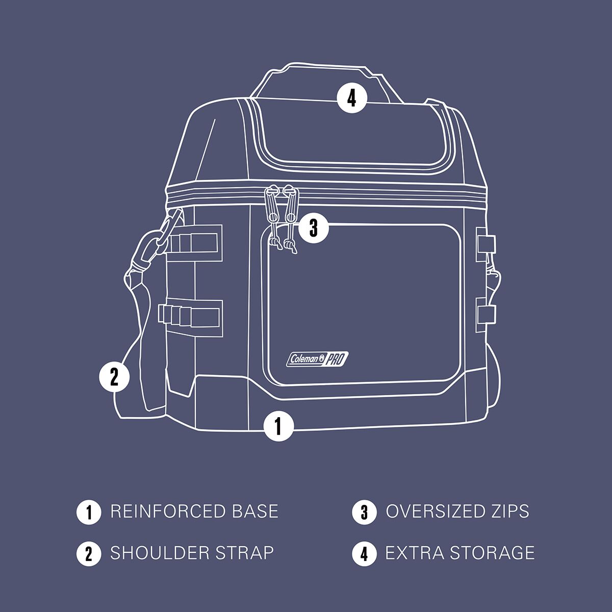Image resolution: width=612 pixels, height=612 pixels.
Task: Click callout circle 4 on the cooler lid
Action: click(x=351, y=98)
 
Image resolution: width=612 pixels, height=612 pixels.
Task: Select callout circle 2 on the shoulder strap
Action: click(x=114, y=377)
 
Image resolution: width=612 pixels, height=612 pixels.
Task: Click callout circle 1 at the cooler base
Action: click(x=278, y=426)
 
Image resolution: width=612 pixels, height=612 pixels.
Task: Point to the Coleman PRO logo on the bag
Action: click(x=317, y=359)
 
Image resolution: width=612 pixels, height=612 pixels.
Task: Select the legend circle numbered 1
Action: click(x=89, y=512)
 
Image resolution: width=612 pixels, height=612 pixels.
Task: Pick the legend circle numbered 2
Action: click(x=89, y=553)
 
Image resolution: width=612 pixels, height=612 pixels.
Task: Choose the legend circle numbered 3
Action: click(x=364, y=512)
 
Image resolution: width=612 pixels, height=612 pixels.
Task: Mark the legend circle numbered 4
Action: click(x=364, y=553)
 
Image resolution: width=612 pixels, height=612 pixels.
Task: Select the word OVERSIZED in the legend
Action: click(x=432, y=512)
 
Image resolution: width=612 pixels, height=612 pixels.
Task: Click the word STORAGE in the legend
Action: click(x=493, y=553)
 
